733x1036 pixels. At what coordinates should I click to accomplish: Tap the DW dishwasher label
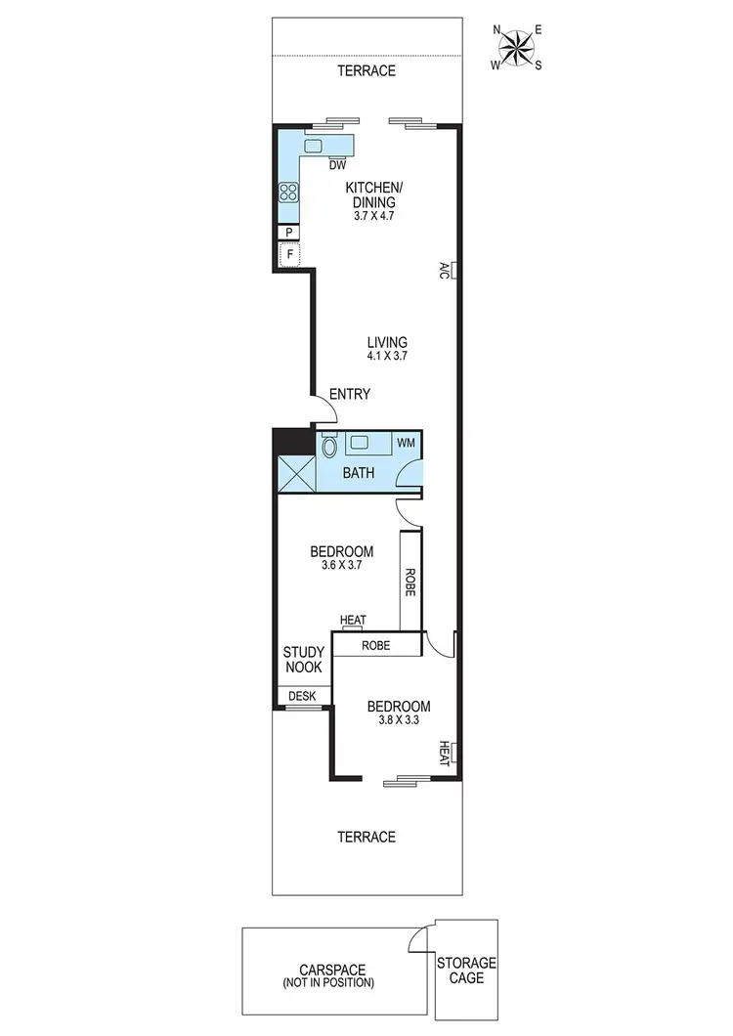pyautogui.click(x=338, y=164)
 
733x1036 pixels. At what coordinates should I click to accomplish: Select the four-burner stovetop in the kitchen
pyautogui.click(x=288, y=193)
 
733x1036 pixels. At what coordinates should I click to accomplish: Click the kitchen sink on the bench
pyautogui.click(x=314, y=146)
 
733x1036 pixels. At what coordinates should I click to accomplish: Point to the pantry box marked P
pyautogui.click(x=288, y=232)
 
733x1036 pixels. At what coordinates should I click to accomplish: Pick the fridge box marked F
pyautogui.click(x=288, y=256)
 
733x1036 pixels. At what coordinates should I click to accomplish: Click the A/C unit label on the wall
pyautogui.click(x=444, y=270)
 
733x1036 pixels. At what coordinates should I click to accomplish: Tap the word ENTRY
pyautogui.click(x=349, y=394)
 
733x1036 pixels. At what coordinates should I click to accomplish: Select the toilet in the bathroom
pyautogui.click(x=329, y=447)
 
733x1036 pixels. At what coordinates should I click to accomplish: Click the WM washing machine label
pyautogui.click(x=405, y=443)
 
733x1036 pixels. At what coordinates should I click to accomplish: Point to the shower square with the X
pyautogui.click(x=296, y=472)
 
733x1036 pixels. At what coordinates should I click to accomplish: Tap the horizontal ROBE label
pyautogui.click(x=376, y=645)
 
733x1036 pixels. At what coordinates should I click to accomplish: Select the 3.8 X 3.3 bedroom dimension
pyautogui.click(x=399, y=721)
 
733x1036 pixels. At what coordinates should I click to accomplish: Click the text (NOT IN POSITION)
pyautogui.click(x=335, y=983)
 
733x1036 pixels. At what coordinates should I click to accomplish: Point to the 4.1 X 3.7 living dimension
pyautogui.click(x=387, y=357)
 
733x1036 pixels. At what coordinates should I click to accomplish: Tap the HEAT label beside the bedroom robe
pyautogui.click(x=353, y=621)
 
